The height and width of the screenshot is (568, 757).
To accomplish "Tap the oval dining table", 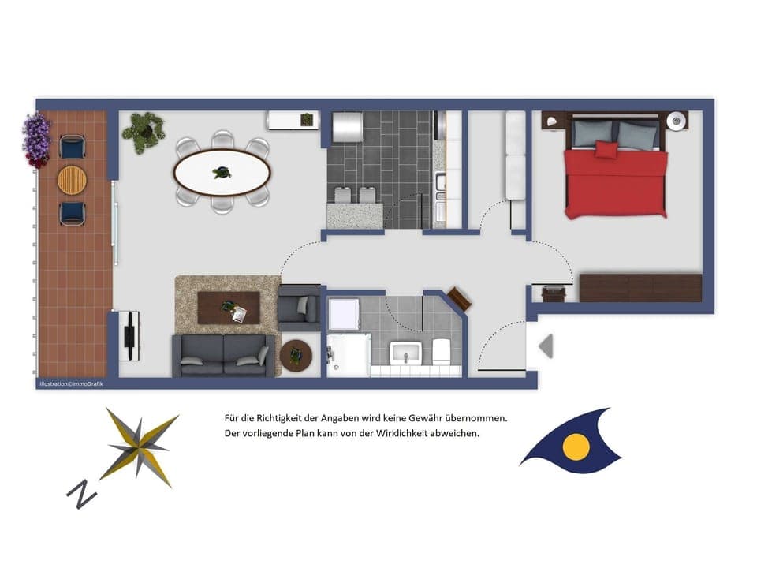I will pos(222,172).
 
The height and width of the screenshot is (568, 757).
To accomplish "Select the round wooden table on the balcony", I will pos(72,179).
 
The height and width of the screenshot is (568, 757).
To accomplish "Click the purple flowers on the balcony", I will pos(35,138).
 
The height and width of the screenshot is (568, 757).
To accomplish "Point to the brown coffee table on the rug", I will pos(228,308).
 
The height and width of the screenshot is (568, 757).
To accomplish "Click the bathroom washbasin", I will pos(407,353).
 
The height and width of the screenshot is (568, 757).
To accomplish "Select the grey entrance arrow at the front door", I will pos(546,346).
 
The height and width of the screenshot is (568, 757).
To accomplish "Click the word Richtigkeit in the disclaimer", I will pos(287,417).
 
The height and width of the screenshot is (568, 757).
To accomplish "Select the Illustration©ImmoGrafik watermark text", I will pos(70,384).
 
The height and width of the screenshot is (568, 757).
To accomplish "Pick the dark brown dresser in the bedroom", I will pos(640,287).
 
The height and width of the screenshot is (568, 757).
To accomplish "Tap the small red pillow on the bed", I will pos(606,149).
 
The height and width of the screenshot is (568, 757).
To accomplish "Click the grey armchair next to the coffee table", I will pos(299,308).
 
